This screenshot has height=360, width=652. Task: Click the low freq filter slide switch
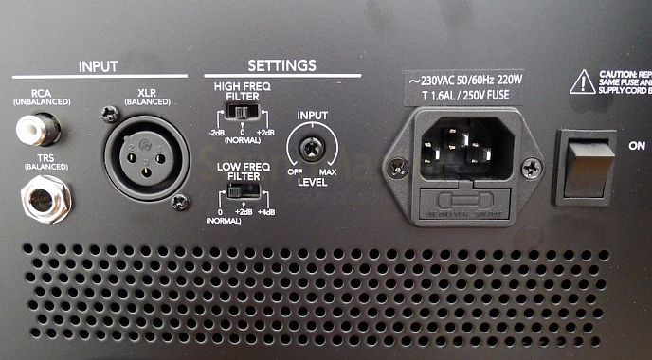242,190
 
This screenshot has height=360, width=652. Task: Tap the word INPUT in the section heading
100,67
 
